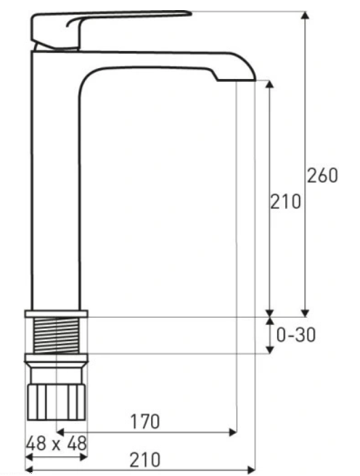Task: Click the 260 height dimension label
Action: [322, 176]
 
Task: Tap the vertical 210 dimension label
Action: [285, 202]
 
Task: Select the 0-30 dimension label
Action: [296, 335]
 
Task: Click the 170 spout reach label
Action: [144, 422]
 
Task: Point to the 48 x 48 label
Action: [57, 443]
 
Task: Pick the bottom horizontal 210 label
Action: [144, 460]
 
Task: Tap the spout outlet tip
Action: [236, 80]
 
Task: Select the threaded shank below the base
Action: [57, 335]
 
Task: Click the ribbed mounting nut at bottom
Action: [57, 402]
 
